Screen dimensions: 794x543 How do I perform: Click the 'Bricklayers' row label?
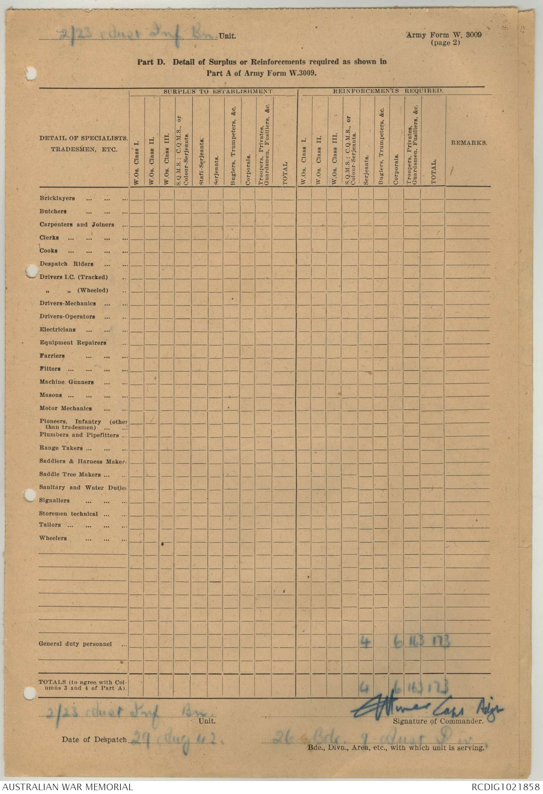pyautogui.click(x=57, y=198)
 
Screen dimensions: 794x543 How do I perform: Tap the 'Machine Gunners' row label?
pyautogui.click(x=66, y=382)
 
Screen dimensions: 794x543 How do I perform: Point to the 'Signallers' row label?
pyautogui.click(x=54, y=500)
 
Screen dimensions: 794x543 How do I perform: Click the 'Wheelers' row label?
pyautogui.click(x=53, y=538)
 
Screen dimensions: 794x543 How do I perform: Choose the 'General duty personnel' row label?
pyautogui.click(x=75, y=644)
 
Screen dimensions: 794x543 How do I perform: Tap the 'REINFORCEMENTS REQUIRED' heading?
pyautogui.click(x=388, y=91)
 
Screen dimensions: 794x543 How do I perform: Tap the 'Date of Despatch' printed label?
pyautogui.click(x=94, y=739)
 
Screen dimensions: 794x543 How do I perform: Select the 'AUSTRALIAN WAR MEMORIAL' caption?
pyautogui.click(x=67, y=786)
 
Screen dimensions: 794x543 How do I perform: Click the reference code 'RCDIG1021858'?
pyautogui.click(x=505, y=786)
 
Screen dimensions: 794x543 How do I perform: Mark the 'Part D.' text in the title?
pyautogui.click(x=151, y=63)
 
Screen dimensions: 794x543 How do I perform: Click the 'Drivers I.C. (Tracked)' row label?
pyautogui.click(x=74, y=277)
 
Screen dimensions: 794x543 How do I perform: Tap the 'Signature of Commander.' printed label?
pyautogui.click(x=438, y=721)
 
